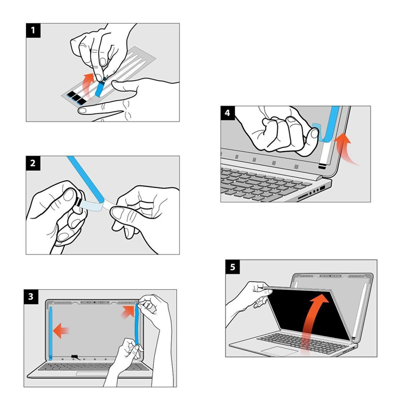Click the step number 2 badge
click(33, 163)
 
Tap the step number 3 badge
click(31, 296)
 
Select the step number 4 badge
click(227, 113)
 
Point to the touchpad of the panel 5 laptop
click(283, 351)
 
